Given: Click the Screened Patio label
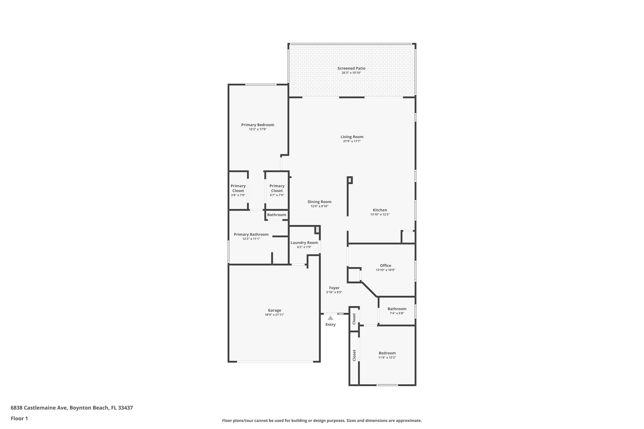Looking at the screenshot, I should click(x=351, y=68).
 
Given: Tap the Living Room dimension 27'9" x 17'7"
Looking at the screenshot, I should click(x=352, y=141).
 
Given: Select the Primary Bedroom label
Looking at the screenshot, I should click(x=258, y=125).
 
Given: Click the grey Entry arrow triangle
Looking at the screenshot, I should click(x=331, y=318).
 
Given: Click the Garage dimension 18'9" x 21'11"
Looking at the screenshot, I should click(x=274, y=315).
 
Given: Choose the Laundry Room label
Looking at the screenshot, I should click(x=304, y=243).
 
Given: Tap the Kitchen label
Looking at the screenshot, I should click(x=380, y=210).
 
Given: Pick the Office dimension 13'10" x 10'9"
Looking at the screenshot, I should click(x=385, y=270).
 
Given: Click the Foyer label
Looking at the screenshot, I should click(x=334, y=288).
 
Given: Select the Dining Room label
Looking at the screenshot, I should click(x=319, y=202).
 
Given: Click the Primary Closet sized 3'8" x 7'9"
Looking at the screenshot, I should click(x=238, y=190).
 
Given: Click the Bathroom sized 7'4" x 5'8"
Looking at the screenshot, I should click(x=397, y=311).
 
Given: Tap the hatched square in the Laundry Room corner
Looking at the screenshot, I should click(x=317, y=229).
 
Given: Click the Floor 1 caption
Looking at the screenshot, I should click(x=19, y=418).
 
